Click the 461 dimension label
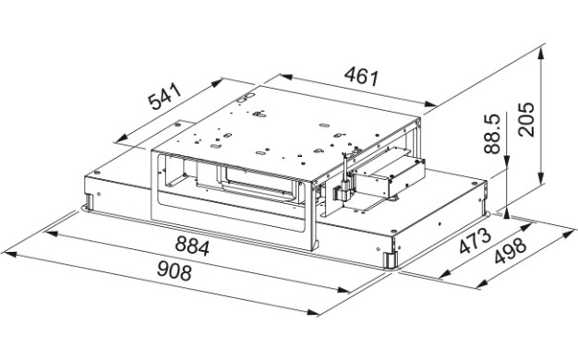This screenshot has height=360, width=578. click(362, 77)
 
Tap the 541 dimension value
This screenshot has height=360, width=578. click(164, 97)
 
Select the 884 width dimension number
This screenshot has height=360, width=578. click(192, 246)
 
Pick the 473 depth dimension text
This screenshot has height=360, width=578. click(476, 241)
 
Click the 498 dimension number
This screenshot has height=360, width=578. click(511, 251)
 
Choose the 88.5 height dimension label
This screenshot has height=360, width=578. click(492, 134)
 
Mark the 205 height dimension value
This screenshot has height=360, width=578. click(525, 120)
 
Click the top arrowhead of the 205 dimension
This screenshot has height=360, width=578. click(541, 54)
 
